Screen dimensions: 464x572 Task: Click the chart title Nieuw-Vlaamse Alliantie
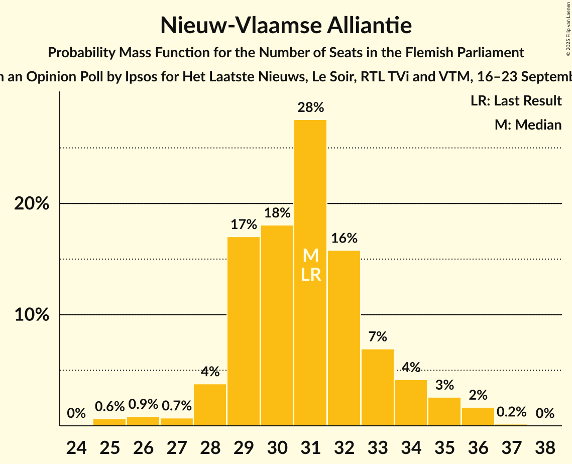(x=286, y=25)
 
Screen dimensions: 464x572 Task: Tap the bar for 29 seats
(x=244, y=331)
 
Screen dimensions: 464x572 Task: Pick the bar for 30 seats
(x=277, y=326)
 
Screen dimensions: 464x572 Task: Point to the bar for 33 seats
(x=378, y=387)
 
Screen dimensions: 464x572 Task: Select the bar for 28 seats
(x=210, y=405)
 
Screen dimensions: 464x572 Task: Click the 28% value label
(x=310, y=107)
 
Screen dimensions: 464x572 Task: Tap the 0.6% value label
(x=109, y=407)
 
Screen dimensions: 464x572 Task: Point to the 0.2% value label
(x=511, y=412)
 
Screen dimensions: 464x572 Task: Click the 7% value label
(x=378, y=336)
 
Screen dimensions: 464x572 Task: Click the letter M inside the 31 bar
(x=311, y=256)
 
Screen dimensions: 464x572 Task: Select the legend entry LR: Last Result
(x=516, y=101)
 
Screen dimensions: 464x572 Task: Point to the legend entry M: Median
(x=528, y=125)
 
